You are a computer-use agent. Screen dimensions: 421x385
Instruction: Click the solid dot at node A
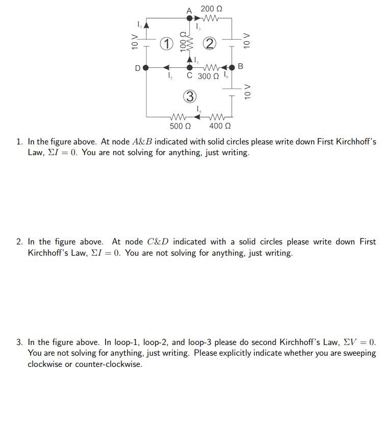(x=190, y=18)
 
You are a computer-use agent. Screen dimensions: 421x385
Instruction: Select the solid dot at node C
(x=190, y=67)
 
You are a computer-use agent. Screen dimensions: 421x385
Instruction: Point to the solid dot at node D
(x=146, y=67)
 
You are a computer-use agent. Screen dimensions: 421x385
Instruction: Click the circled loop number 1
(x=165, y=43)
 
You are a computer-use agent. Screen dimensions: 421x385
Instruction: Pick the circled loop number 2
(x=209, y=43)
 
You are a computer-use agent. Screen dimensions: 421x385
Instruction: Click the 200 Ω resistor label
(x=211, y=8)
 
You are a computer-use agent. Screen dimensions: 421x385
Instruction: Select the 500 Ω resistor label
(x=180, y=126)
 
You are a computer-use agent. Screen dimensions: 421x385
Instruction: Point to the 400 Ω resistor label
(x=220, y=126)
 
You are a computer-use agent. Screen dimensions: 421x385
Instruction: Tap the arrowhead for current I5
(x=166, y=67)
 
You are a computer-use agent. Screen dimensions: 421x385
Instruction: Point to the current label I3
(x=198, y=27)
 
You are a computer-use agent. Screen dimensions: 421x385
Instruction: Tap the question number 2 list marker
(x=19, y=242)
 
